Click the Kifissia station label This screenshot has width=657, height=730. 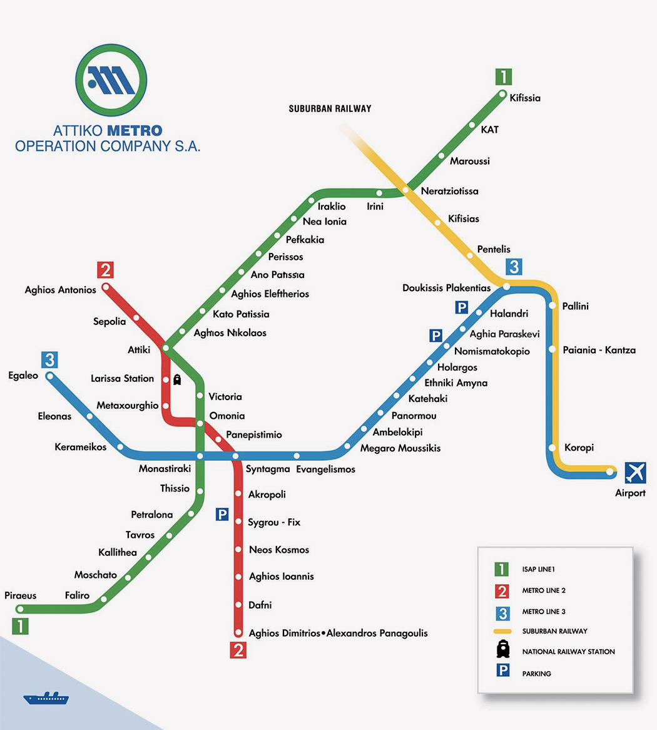tap(525, 98)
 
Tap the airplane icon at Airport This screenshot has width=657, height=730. tap(635, 472)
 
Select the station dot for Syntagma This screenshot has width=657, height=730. tap(235, 456)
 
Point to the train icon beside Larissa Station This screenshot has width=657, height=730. tap(177, 379)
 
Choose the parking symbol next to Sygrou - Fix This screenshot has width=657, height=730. tap(222, 514)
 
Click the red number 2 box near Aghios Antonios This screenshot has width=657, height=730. tap(105, 270)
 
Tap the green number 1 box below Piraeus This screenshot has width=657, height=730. tap(21, 626)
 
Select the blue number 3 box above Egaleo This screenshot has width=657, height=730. tap(49, 360)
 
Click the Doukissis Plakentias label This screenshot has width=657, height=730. tap(446, 288)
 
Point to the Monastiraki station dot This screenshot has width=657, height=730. tap(200, 456)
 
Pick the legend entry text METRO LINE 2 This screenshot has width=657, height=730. tap(544, 590)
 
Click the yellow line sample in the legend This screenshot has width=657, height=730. tap(502, 631)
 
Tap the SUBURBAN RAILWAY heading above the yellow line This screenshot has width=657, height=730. tap(330, 109)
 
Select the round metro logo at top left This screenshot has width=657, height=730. tap(111, 80)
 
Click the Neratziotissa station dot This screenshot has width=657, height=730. tap(405, 190)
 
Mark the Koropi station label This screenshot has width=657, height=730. tap(579, 448)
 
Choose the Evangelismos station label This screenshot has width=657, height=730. tap(325, 469)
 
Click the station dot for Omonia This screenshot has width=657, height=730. tap(200, 424)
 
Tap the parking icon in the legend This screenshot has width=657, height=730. tap(502, 671)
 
